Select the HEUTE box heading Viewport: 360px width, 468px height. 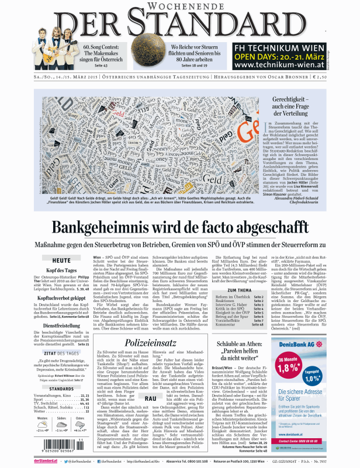pyautogui.click(x=61, y=260)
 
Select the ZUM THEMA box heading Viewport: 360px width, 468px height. pyautogui.click(x=239, y=289)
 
